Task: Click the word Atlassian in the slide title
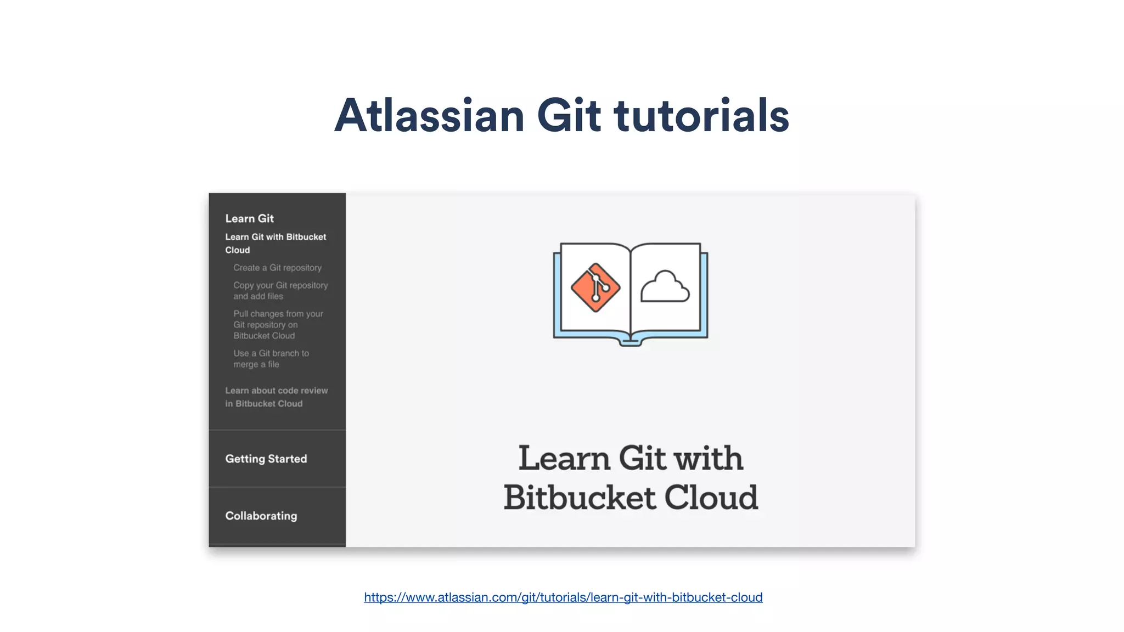tap(429, 116)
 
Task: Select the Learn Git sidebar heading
tap(249, 218)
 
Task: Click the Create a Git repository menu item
tap(277, 268)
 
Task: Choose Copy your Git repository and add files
tap(280, 291)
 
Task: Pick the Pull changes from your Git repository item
tap(278, 325)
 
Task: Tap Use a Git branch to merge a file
tap(271, 359)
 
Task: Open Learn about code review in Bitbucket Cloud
tap(276, 397)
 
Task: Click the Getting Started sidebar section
tap(266, 459)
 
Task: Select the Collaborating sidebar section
tap(261, 516)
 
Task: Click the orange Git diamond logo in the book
tap(595, 287)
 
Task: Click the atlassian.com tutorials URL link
tap(563, 597)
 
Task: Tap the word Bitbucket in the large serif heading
tap(579, 498)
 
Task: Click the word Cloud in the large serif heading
tap(711, 498)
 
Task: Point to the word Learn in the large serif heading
tap(564, 458)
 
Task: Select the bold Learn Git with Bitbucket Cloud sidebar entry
tap(276, 243)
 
